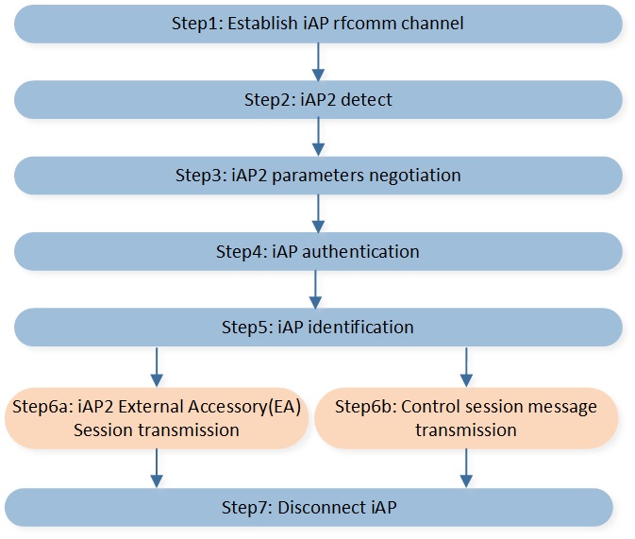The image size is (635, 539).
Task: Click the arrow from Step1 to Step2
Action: (318, 62)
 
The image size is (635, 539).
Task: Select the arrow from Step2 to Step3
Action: (318, 137)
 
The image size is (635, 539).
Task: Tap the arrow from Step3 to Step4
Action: (318, 213)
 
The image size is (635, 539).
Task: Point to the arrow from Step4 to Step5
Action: (315, 290)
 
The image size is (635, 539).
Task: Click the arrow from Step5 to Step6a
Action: (157, 367)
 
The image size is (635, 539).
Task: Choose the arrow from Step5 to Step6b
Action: (466, 367)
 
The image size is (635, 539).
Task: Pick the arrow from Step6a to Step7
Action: (157, 467)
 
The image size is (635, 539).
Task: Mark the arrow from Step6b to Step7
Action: (466, 467)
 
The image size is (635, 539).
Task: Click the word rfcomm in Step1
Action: (365, 23)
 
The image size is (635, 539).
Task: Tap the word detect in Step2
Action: (366, 100)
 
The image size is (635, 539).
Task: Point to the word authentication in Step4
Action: (360, 252)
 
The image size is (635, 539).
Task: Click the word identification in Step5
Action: (361, 327)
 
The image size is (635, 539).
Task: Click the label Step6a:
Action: (43, 407)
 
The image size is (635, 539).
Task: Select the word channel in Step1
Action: (432, 23)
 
